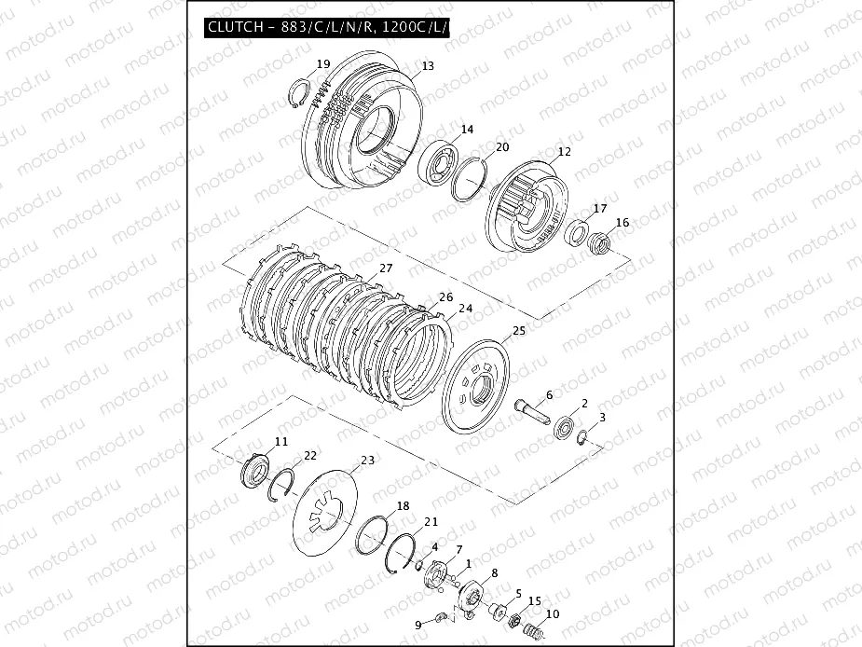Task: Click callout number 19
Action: click(x=322, y=64)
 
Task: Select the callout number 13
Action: click(x=428, y=67)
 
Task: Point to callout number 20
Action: click(x=501, y=147)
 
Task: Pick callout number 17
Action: click(x=600, y=209)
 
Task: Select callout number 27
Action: click(x=386, y=268)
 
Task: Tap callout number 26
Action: click(x=445, y=297)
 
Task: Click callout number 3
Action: click(x=602, y=417)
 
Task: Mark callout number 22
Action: click(x=310, y=455)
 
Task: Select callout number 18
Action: click(x=403, y=506)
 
